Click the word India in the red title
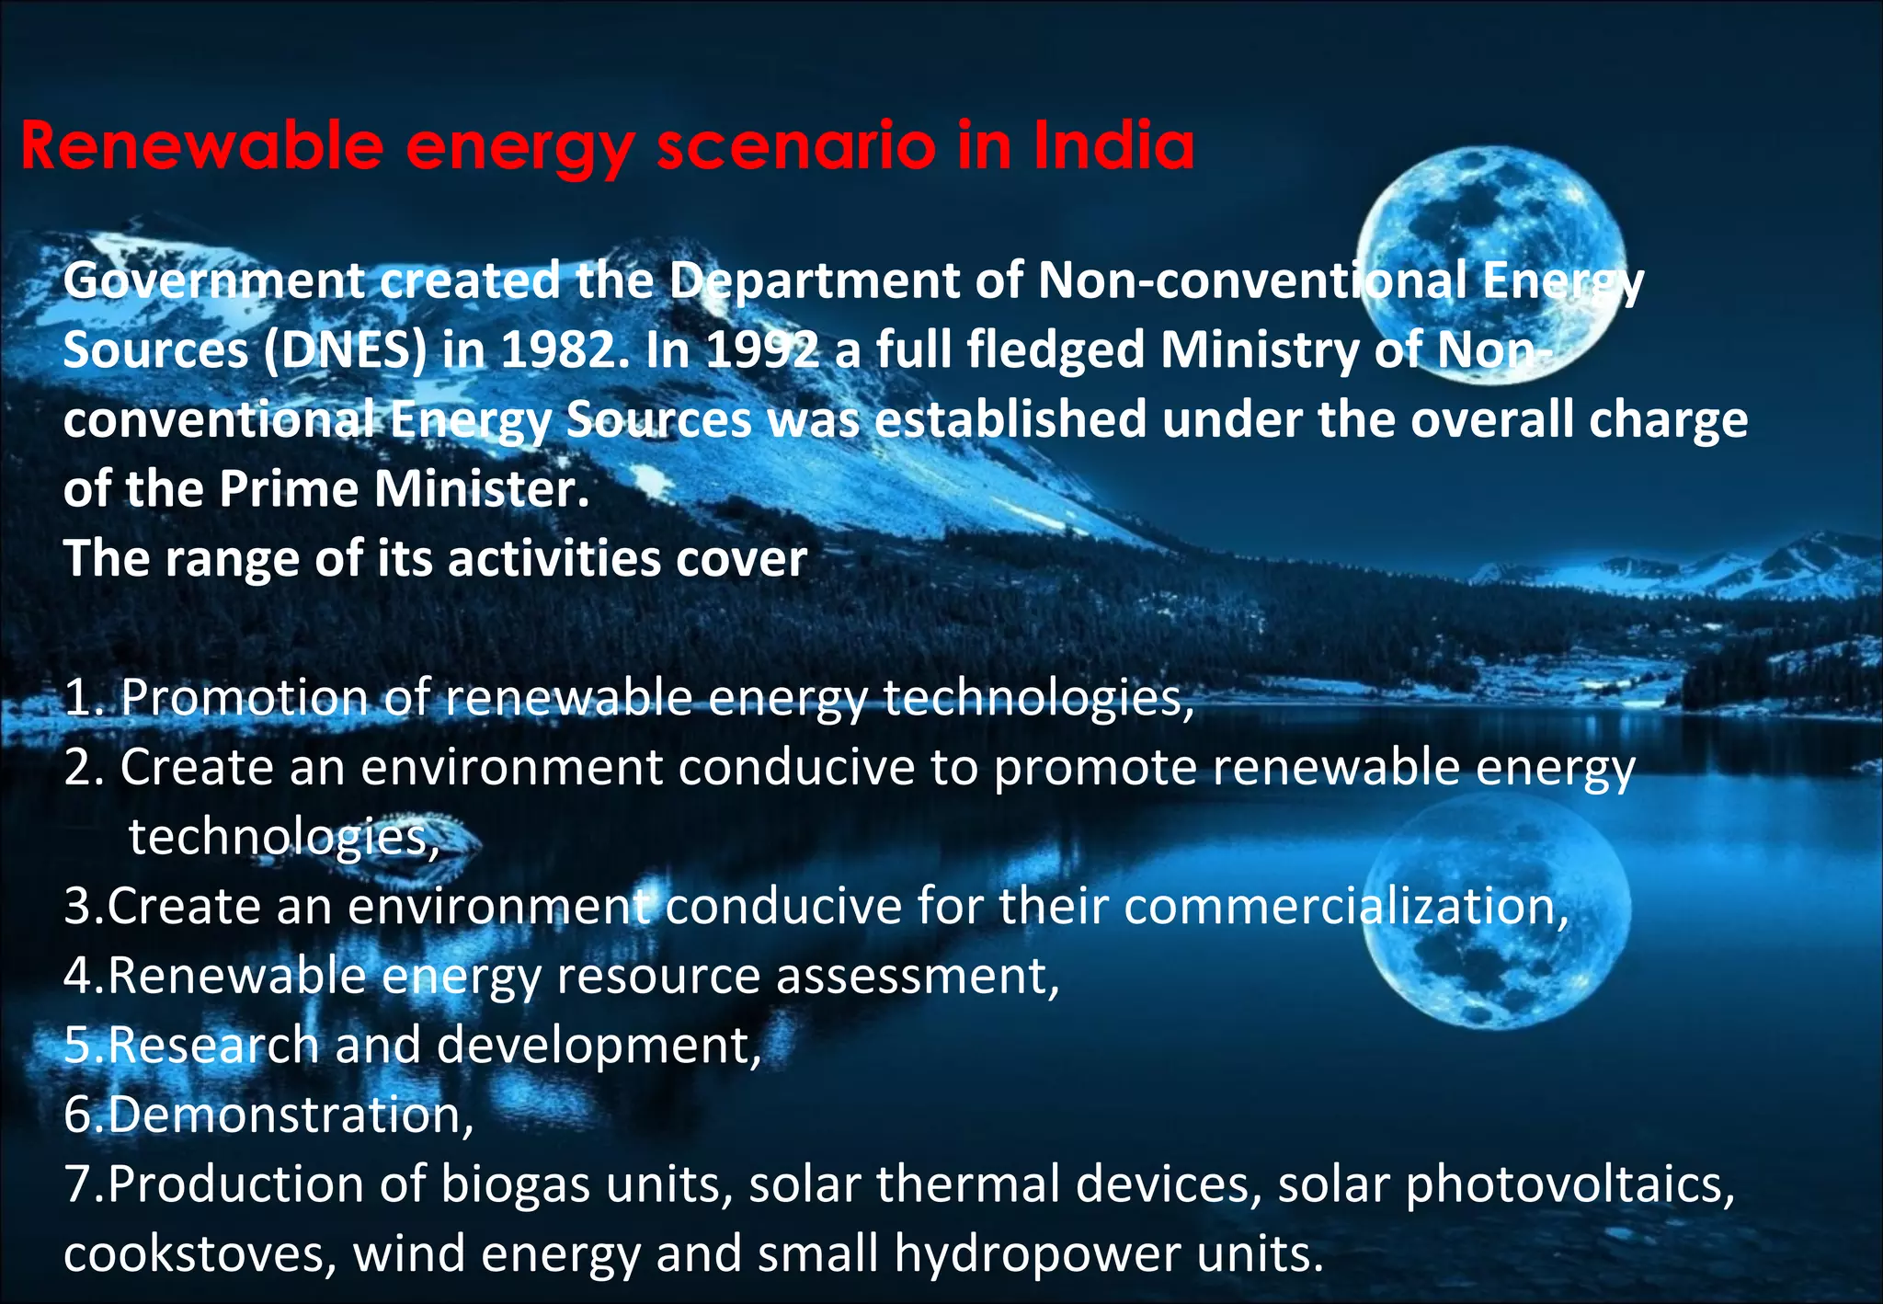1113,145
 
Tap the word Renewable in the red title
201,145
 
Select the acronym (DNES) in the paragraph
346,350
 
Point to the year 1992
762,350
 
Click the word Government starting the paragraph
213,280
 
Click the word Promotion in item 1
245,698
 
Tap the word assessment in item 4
917,975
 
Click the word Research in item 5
213,1045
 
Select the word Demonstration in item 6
290,1114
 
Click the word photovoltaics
1569,1184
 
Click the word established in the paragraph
1010,419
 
